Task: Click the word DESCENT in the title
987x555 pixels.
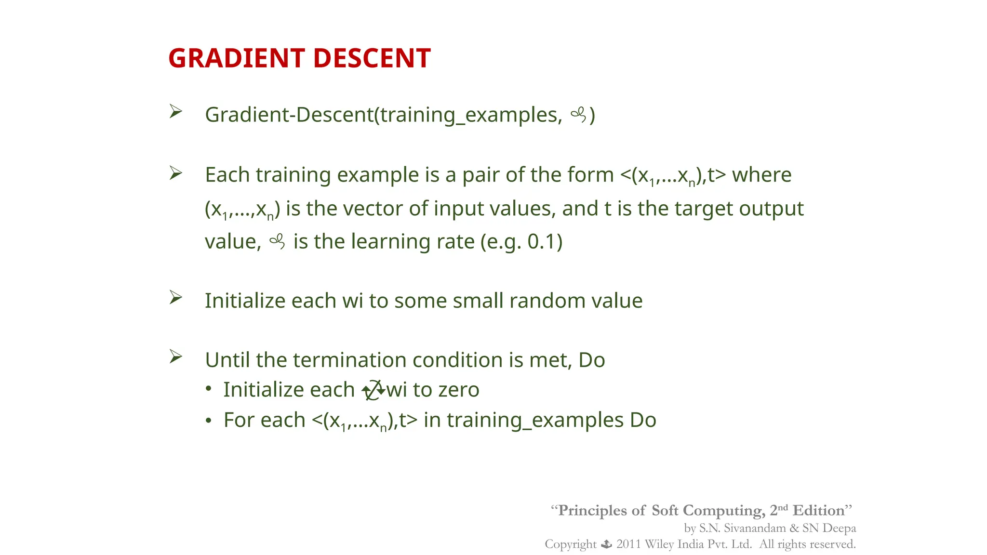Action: point(372,58)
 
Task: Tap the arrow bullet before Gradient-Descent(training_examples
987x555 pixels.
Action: point(175,112)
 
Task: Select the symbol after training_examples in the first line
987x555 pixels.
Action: point(578,115)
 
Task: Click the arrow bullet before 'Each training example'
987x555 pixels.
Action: point(175,173)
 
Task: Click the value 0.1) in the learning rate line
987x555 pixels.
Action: point(545,241)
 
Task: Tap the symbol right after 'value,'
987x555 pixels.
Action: point(278,241)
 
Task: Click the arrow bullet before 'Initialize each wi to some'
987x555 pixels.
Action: point(175,298)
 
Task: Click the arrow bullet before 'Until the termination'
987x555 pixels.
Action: point(175,357)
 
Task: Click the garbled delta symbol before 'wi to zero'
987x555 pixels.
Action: point(373,390)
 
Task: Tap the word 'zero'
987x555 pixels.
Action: point(458,390)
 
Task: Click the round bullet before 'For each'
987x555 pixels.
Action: point(208,421)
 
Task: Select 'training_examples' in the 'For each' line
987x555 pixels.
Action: point(535,420)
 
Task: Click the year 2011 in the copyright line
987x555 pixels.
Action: point(628,544)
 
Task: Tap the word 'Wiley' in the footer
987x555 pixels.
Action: point(659,544)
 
